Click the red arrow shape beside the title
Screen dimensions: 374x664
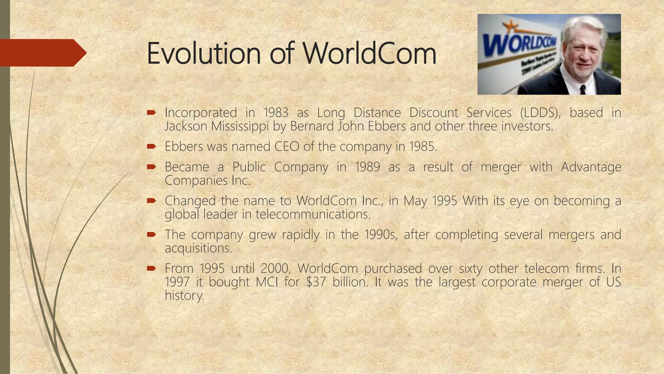click(x=42, y=53)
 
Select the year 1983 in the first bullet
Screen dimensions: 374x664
click(x=276, y=113)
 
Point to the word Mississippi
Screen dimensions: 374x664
click(x=240, y=126)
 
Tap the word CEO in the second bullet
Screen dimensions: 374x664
click(x=287, y=146)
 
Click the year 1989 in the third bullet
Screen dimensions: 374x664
click(x=367, y=167)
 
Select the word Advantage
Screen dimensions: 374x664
click(x=591, y=167)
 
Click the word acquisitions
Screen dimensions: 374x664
click(x=198, y=248)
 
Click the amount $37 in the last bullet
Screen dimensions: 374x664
click(x=315, y=282)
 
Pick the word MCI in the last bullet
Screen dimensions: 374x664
click(x=267, y=282)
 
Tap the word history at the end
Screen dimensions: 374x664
click(x=184, y=295)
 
